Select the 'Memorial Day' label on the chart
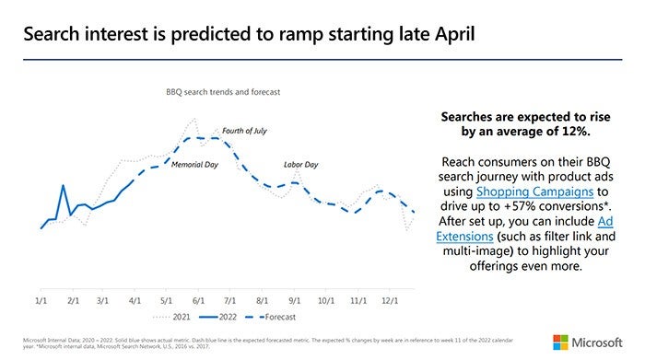196,165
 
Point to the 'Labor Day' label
300,165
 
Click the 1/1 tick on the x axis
41,300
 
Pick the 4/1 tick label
135,300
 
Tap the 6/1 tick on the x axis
198,300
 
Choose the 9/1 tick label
294,300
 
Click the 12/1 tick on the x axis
390,300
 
